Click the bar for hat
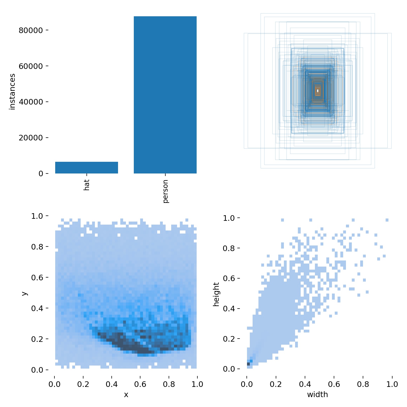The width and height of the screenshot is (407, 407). tap(86, 168)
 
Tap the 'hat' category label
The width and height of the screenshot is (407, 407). tap(86, 185)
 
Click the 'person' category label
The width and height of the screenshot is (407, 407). tap(165, 191)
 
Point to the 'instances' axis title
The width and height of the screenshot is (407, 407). tap(12, 92)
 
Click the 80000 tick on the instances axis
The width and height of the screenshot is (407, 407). tap(31, 30)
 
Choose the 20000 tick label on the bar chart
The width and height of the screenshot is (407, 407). tap(31, 138)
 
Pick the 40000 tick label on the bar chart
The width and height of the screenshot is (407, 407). tap(31, 102)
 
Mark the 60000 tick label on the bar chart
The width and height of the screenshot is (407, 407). tap(31, 66)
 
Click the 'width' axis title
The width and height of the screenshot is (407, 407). tap(317, 395)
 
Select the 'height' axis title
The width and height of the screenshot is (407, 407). tap(216, 294)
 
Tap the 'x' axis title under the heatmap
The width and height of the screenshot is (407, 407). tap(126, 395)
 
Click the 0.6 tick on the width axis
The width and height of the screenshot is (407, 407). tap(334, 384)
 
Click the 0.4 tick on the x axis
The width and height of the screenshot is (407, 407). tap(112, 384)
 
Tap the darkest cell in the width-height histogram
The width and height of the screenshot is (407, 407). tap(248, 364)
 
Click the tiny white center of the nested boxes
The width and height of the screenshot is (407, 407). tap(317, 91)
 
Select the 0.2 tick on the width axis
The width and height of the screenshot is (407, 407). tap(276, 384)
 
